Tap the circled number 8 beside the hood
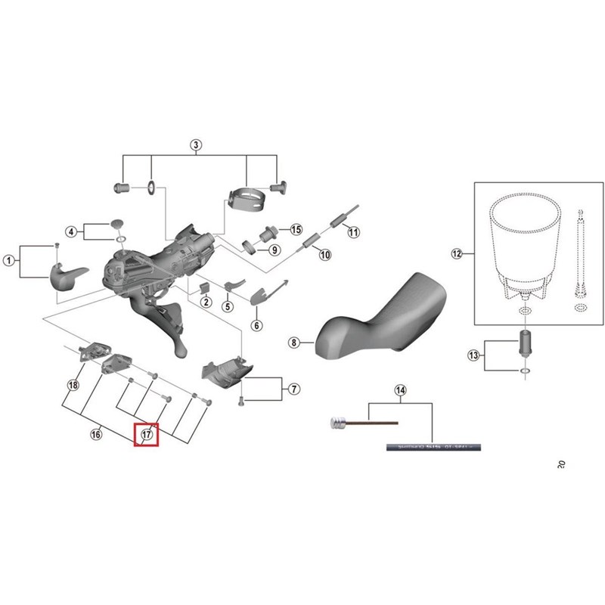pyautogui.click(x=294, y=343)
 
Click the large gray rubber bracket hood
pyautogui.click(x=378, y=318)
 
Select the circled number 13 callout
pyautogui.click(x=474, y=355)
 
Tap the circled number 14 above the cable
pyautogui.click(x=401, y=390)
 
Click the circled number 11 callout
pyautogui.click(x=354, y=232)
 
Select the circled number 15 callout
pyautogui.click(x=296, y=229)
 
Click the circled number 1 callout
pyautogui.click(x=9, y=261)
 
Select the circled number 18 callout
pyautogui.click(x=73, y=385)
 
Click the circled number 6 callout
pyautogui.click(x=256, y=325)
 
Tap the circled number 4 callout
pyautogui.click(x=70, y=231)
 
